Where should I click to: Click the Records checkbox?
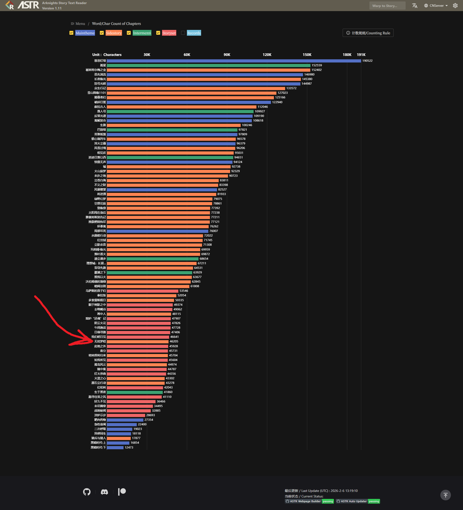(x=183, y=33)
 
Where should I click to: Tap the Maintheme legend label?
(x=85, y=33)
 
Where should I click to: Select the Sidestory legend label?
(x=114, y=33)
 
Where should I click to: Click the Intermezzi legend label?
(x=142, y=33)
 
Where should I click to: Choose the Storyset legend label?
(x=169, y=33)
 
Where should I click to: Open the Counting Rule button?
(x=368, y=33)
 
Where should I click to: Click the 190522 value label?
(x=367, y=61)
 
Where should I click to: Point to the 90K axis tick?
(x=227, y=55)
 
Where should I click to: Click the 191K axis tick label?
(x=361, y=55)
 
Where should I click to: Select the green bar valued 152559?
(x=209, y=65)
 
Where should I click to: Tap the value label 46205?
(x=174, y=341)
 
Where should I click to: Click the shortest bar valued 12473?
(x=115, y=447)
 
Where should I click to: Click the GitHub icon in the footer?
(x=87, y=491)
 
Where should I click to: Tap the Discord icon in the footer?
(x=104, y=491)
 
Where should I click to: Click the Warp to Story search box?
(x=387, y=6)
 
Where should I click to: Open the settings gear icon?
(x=455, y=6)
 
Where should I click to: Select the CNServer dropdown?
(x=436, y=6)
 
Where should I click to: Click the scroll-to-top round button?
(x=446, y=495)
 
